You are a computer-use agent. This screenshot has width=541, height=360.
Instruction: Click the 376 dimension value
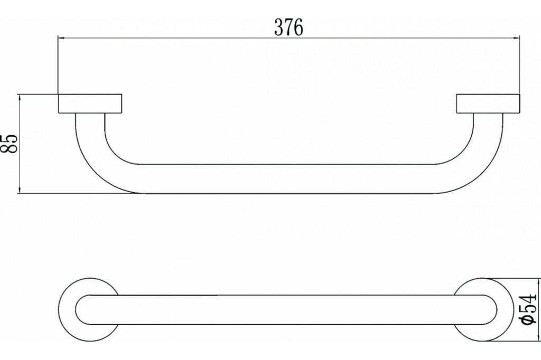[x=289, y=27]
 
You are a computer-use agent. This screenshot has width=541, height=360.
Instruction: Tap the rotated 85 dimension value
[x=10, y=144]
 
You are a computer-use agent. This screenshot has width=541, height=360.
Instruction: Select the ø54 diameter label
[x=529, y=309]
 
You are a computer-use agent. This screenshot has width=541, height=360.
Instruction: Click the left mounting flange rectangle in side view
[x=90, y=103]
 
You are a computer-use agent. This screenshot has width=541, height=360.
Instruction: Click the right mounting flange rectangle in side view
[x=488, y=103]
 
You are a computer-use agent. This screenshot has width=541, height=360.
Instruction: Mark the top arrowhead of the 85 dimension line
[x=20, y=98]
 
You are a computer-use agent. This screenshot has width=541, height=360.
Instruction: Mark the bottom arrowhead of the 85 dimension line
[x=20, y=190]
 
